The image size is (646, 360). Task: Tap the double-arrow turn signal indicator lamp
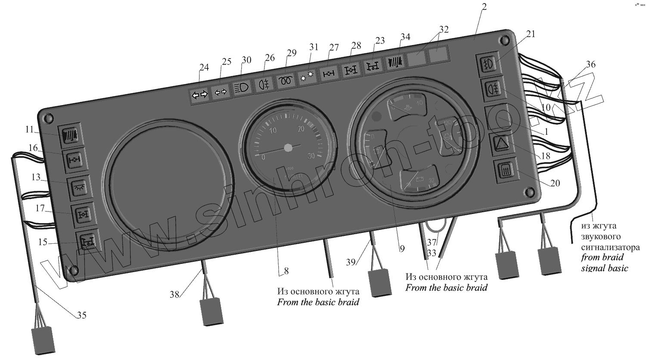[x=199, y=95]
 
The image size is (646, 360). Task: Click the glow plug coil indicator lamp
[x=286, y=81]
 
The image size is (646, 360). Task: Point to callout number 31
[x=314, y=47]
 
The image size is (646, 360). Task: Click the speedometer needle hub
[x=288, y=148]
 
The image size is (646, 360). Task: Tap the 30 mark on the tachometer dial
[x=311, y=156]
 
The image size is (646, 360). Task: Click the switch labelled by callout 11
[x=70, y=135]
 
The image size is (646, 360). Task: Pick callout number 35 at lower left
[x=81, y=315]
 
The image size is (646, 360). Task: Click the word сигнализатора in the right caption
[x=610, y=247]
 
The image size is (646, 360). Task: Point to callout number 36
[x=590, y=64]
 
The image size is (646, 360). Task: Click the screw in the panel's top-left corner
[x=49, y=118]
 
